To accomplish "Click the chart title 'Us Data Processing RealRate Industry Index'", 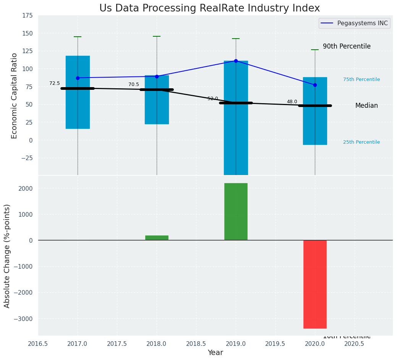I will [x=209, y=8].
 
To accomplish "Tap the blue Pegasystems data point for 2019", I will [x=236, y=61].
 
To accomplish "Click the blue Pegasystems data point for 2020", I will [x=315, y=85].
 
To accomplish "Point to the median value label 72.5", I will [x=55, y=83].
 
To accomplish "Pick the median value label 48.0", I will [x=292, y=102].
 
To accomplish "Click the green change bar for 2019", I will [x=236, y=211].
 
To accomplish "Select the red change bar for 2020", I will [x=315, y=284].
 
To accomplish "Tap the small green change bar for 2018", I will [x=157, y=238].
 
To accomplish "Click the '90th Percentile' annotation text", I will [x=347, y=46].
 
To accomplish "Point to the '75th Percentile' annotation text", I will [x=361, y=79].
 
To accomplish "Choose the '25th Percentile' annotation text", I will [x=361, y=142].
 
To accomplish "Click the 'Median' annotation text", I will [x=366, y=105].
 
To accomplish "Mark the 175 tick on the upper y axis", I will [x=27, y=16].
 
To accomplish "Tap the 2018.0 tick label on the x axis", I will [x=157, y=344].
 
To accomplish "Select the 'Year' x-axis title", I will [x=216, y=353].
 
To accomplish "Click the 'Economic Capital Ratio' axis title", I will [x=15, y=96].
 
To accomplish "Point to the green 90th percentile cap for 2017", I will [x=78, y=37].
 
